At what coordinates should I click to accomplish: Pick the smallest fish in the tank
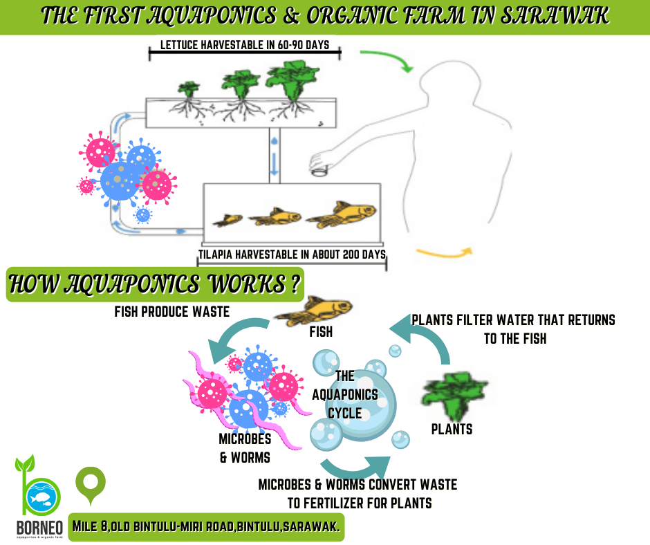point(228,220)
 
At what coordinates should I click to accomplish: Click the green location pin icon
point(91,486)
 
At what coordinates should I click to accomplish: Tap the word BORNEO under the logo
point(39,528)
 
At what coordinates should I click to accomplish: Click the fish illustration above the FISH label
point(314,311)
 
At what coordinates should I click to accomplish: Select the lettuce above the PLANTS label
point(454,396)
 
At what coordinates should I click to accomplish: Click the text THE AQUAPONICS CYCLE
point(345,394)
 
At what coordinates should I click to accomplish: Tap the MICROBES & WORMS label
point(245,448)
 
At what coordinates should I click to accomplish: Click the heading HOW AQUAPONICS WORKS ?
point(155,284)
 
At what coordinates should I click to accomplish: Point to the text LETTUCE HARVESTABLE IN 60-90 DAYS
point(245,45)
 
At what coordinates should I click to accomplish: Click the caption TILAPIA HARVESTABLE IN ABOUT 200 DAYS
point(292,255)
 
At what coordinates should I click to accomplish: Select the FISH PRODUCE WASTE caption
point(172,311)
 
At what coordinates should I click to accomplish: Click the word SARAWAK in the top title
point(555,16)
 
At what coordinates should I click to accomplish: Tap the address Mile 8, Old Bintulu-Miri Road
point(154,526)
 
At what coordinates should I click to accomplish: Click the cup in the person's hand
point(319,170)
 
